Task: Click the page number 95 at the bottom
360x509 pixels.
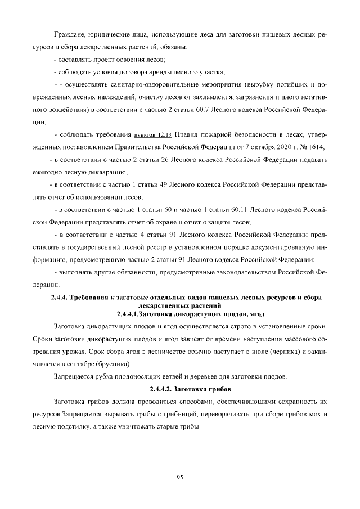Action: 180,477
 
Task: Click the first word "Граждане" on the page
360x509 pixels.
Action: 69,35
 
